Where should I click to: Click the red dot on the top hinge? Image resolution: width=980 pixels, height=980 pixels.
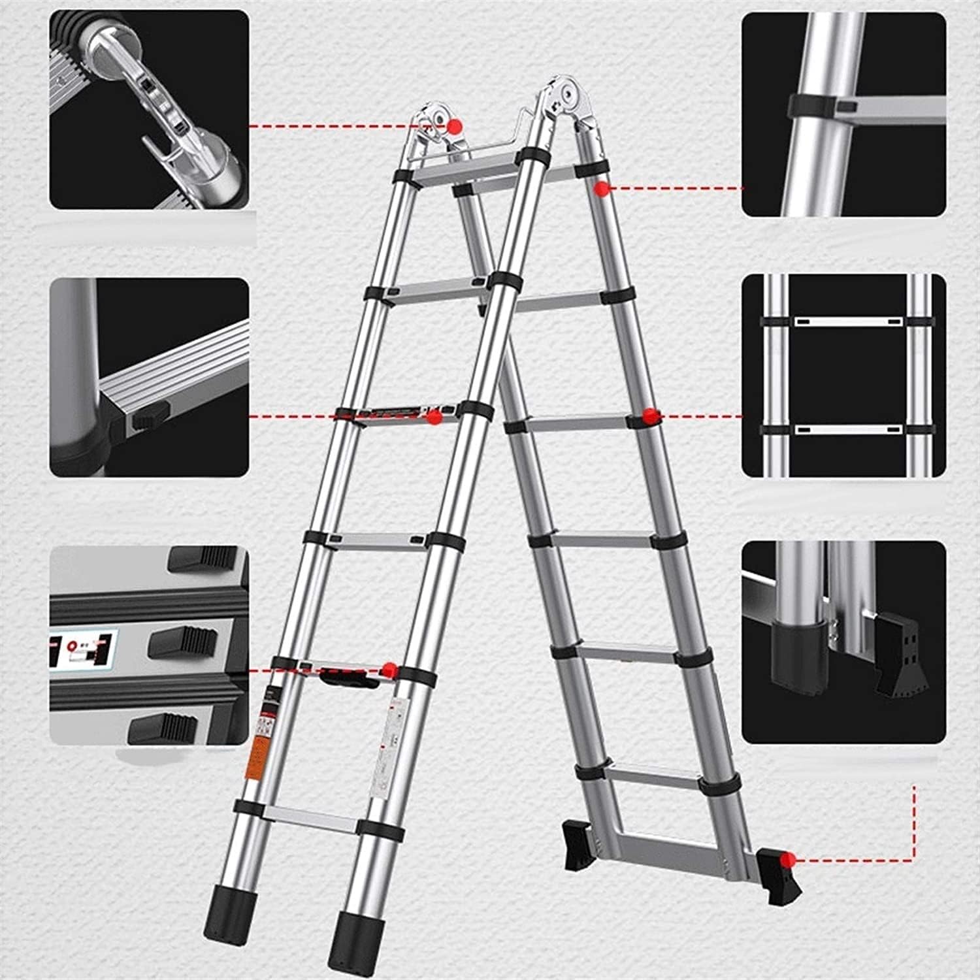(x=454, y=125)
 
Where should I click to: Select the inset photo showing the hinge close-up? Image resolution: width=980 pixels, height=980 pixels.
(x=149, y=110)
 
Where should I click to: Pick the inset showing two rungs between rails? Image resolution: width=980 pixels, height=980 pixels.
(x=843, y=375)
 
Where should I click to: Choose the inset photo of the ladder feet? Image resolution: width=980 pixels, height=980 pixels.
(x=843, y=642)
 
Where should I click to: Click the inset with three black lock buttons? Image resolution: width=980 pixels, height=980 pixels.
(x=149, y=645)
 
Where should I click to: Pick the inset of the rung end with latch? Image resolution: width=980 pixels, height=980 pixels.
(x=149, y=377)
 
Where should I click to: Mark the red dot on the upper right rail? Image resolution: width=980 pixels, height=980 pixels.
(x=600, y=188)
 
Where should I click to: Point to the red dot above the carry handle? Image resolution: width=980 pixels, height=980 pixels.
(x=389, y=668)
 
